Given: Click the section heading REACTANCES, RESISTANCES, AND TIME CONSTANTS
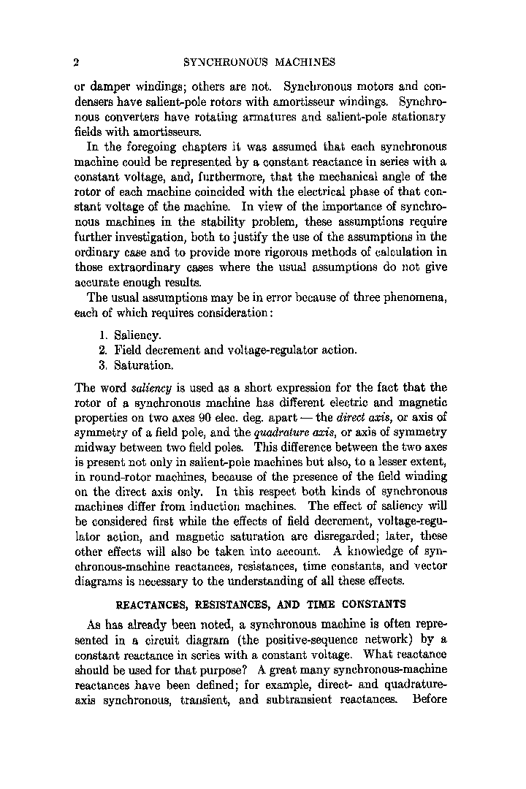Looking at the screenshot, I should [261, 604].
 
